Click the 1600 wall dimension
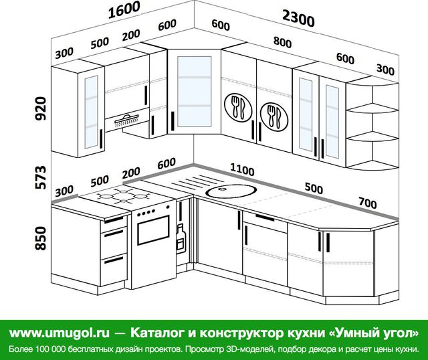coord(124,10)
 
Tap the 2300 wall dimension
coord(298,19)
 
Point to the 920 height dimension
coord(41,108)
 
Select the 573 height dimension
coord(41,177)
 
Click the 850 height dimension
coord(41,238)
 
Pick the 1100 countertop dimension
coord(242,169)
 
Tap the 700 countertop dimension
coord(368,203)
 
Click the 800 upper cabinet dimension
coord(282,42)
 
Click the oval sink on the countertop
coord(231,191)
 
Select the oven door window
coord(153,230)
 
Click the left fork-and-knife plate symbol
coord(238,108)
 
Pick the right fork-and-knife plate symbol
coord(274,117)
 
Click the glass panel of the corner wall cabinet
coord(195,92)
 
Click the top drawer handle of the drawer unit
coord(114,220)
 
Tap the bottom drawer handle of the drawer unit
coord(114,260)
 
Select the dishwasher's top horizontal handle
coord(265,217)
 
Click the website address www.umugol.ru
coord(60,333)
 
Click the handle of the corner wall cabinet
coord(173,121)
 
